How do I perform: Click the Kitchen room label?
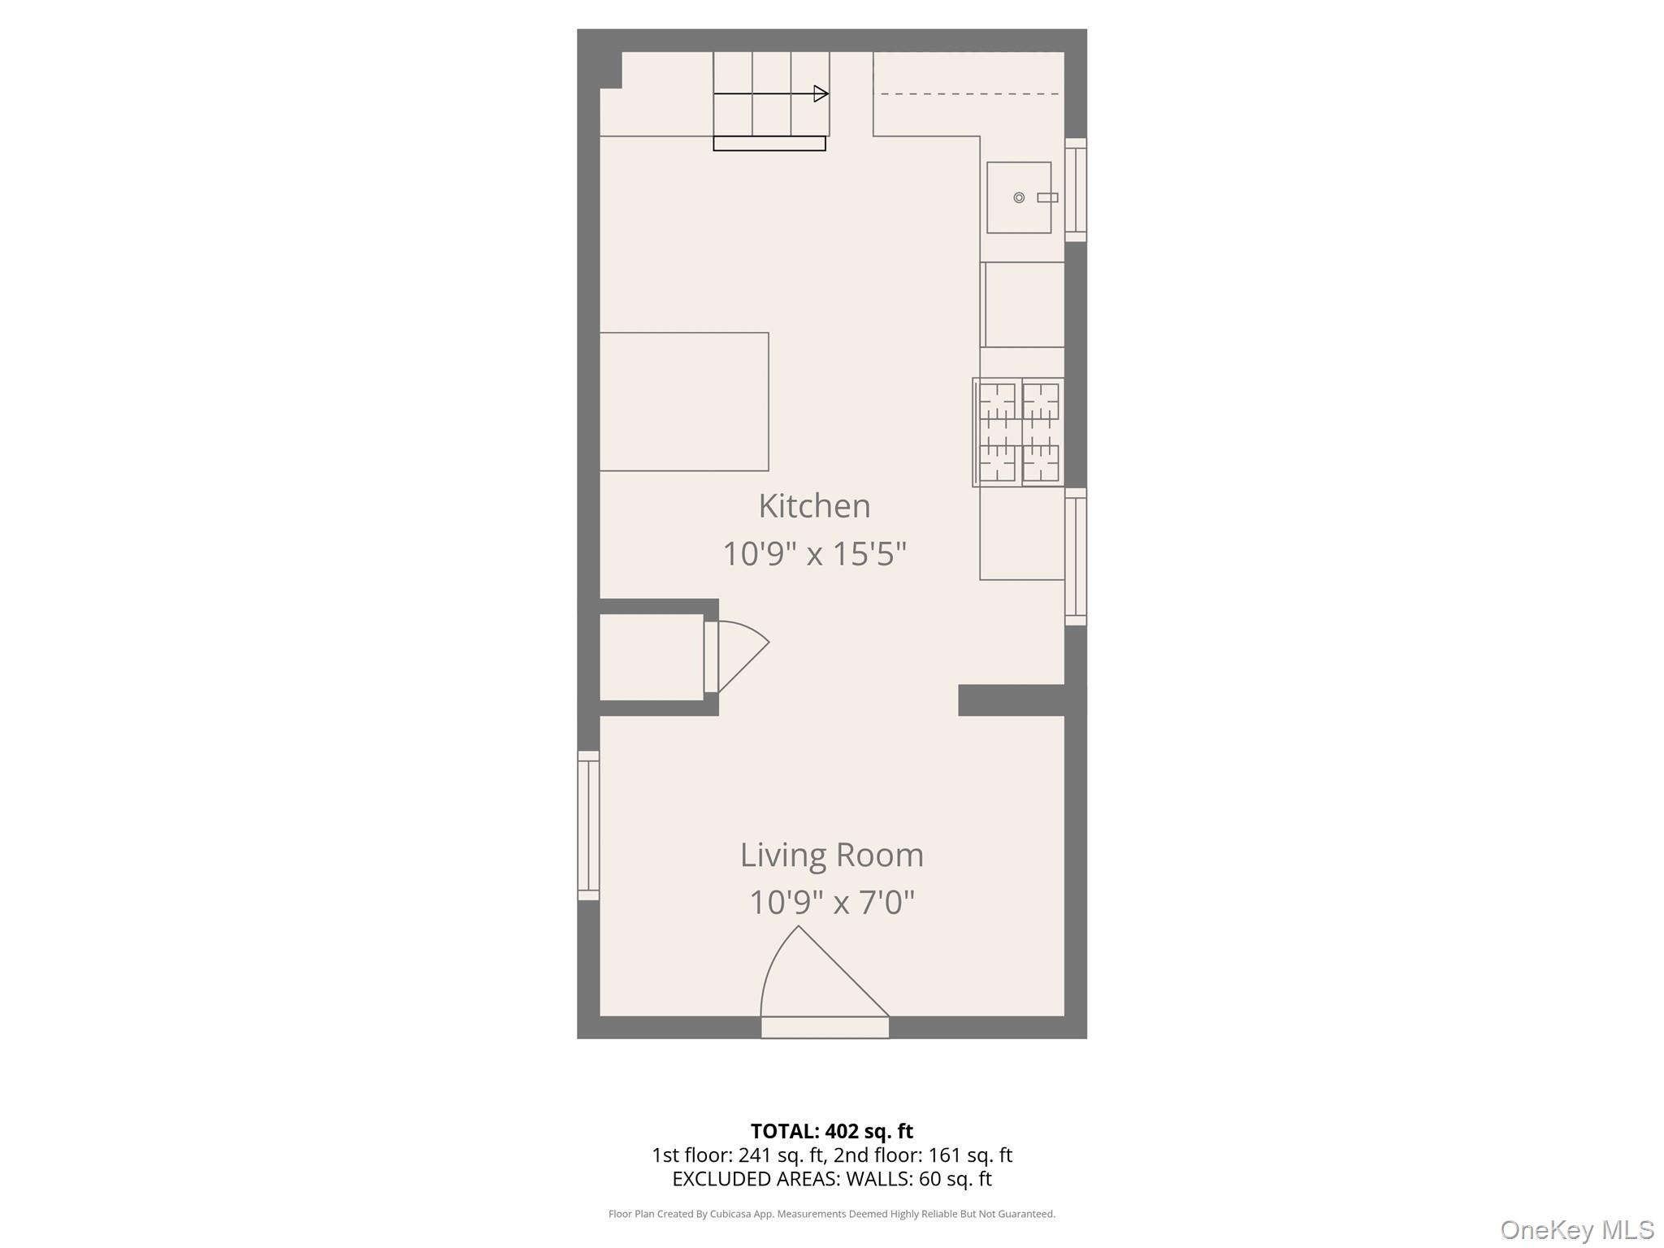pyautogui.click(x=814, y=506)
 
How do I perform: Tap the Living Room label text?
pyautogui.click(x=831, y=855)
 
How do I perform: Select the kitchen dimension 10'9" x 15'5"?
pyautogui.click(x=814, y=554)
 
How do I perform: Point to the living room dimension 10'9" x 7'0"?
pyautogui.click(x=831, y=903)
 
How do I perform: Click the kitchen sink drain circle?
pyautogui.click(x=1019, y=197)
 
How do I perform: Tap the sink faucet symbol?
pyautogui.click(x=1047, y=197)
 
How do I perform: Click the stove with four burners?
pyautogui.click(x=1019, y=432)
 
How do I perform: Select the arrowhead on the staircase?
pyautogui.click(x=821, y=93)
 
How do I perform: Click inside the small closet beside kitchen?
pyautogui.click(x=651, y=656)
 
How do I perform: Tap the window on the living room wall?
pyautogui.click(x=588, y=825)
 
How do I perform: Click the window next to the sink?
pyautogui.click(x=1076, y=189)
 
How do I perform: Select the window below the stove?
pyautogui.click(x=1076, y=557)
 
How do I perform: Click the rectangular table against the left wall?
pyautogui.click(x=683, y=401)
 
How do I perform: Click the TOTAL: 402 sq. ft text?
pyautogui.click(x=831, y=1131)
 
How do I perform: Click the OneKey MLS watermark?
pyautogui.click(x=1576, y=1229)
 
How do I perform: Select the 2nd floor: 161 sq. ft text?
pyautogui.click(x=922, y=1155)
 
